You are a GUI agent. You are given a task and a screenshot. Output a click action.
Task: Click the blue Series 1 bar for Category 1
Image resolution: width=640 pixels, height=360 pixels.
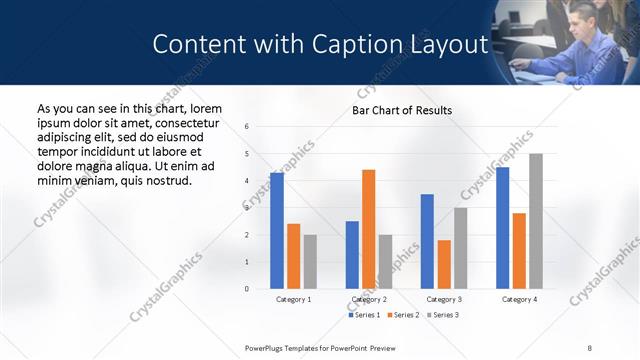(x=277, y=231)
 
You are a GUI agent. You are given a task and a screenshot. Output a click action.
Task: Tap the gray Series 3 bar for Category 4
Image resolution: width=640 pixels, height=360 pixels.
(x=536, y=221)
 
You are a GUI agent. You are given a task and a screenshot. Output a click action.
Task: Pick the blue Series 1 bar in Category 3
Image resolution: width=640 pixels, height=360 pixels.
(x=427, y=241)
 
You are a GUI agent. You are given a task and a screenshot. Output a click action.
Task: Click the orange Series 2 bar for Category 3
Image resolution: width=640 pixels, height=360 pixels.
(x=444, y=264)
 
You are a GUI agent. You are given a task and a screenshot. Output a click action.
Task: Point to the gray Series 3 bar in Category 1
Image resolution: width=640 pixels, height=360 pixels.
(x=310, y=262)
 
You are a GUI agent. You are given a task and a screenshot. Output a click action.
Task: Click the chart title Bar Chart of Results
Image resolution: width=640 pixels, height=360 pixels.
(x=402, y=110)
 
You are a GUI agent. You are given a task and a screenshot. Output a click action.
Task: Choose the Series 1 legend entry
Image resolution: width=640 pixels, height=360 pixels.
(x=363, y=315)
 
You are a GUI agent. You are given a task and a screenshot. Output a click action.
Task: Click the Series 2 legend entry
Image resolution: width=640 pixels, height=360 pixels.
(x=403, y=315)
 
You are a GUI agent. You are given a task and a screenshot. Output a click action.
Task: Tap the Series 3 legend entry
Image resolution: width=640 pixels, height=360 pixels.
(x=442, y=315)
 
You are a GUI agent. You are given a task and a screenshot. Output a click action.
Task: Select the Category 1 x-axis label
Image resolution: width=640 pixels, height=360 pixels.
(x=293, y=299)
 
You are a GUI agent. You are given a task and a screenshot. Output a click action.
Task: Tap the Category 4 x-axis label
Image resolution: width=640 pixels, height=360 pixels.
(x=519, y=299)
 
